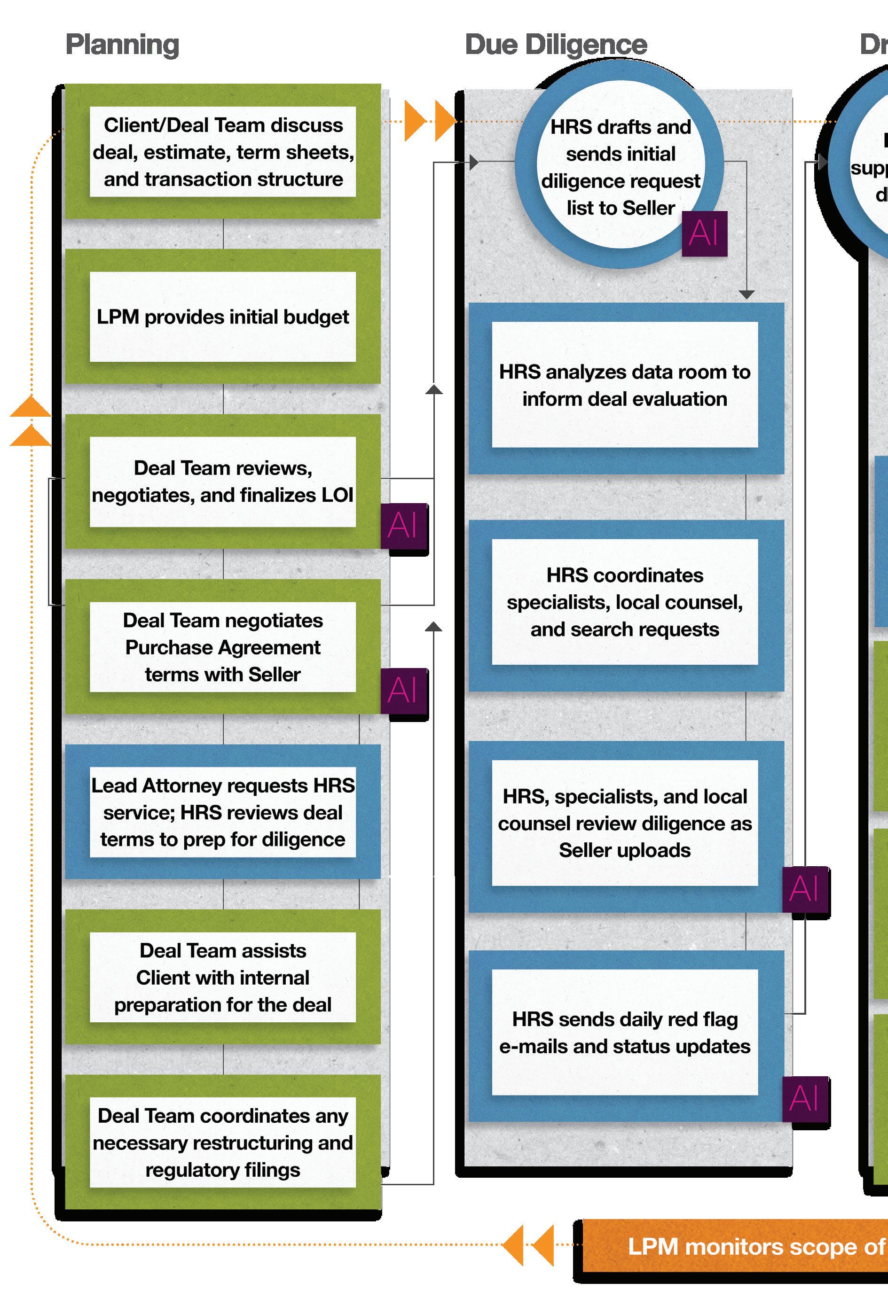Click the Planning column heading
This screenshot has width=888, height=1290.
click(x=122, y=45)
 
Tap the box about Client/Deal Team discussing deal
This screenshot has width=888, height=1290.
click(x=222, y=152)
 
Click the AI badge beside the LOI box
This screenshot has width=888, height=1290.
click(x=403, y=526)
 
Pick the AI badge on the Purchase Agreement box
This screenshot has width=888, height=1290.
click(x=403, y=691)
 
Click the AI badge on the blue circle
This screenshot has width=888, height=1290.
click(x=704, y=233)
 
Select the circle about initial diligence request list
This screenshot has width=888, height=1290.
click(x=620, y=167)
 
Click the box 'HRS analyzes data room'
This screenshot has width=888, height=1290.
click(x=624, y=385)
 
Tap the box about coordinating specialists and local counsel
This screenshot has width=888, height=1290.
click(x=624, y=602)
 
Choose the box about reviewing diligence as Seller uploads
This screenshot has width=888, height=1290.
click(x=624, y=824)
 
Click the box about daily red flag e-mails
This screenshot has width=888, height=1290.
click(x=624, y=1033)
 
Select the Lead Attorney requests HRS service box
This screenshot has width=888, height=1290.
click(x=222, y=812)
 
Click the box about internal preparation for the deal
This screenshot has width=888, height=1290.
click(x=222, y=978)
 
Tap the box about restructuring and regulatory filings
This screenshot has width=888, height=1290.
click(x=222, y=1142)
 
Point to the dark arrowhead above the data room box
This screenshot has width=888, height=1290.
click(x=746, y=294)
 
